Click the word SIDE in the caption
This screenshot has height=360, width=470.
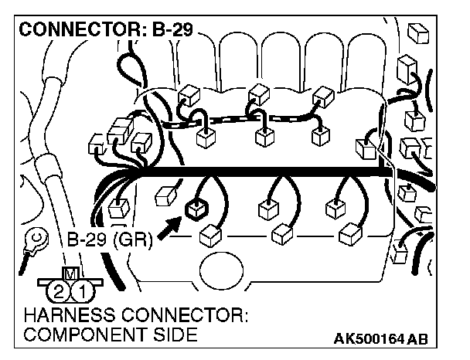tap(175, 336)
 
